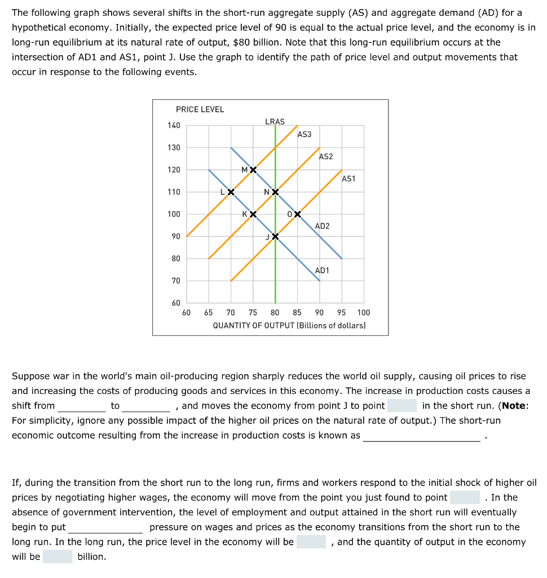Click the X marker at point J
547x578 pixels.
pyautogui.click(x=275, y=236)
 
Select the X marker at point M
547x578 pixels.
pyautogui.click(x=253, y=170)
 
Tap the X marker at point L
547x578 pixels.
pyautogui.click(x=231, y=192)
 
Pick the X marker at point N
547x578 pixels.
pyautogui.click(x=275, y=192)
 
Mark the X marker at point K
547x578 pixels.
pyautogui.click(x=253, y=214)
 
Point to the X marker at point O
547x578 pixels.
pyautogui.click(x=297, y=214)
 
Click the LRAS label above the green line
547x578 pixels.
pyautogui.click(x=275, y=121)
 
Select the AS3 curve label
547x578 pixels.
pyautogui.click(x=304, y=134)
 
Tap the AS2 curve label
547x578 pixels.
pyautogui.click(x=326, y=156)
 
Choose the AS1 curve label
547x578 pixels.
pyautogui.click(x=349, y=178)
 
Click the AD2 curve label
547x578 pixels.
pyautogui.click(x=323, y=226)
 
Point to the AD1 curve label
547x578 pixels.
pyautogui.click(x=322, y=270)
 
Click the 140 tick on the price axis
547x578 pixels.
pyautogui.click(x=174, y=125)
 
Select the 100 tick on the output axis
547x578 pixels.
pyautogui.click(x=363, y=313)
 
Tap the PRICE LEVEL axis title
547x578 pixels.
pyautogui.click(x=200, y=110)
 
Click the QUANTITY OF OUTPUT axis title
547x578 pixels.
pyautogui.click(x=289, y=325)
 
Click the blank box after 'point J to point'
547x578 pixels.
pyautogui.click(x=402, y=405)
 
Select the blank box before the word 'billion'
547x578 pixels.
pyautogui.click(x=58, y=557)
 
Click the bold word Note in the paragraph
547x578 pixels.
pyautogui.click(x=514, y=405)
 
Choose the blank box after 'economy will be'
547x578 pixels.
pyautogui.click(x=311, y=542)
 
